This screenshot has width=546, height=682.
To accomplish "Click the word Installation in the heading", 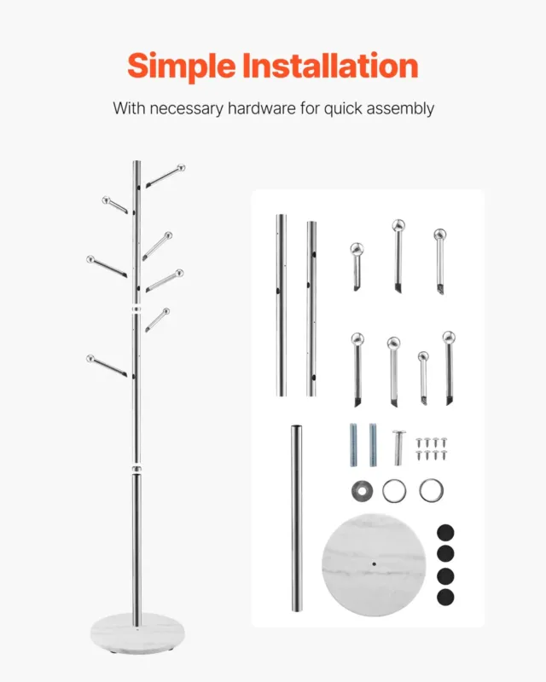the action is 330,66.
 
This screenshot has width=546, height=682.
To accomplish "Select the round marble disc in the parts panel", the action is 374,565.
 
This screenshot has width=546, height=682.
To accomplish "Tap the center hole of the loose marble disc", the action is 375,564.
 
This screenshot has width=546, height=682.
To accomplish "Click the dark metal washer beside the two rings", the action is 362,491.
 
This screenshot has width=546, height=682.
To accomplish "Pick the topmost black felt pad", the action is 445,532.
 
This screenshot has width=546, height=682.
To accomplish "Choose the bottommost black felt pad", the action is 445,598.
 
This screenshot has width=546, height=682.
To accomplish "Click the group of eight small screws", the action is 431,449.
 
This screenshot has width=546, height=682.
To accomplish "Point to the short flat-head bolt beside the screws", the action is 398,448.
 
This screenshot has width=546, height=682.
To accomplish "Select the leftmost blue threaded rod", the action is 353,445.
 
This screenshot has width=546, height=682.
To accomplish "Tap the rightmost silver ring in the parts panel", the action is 432,490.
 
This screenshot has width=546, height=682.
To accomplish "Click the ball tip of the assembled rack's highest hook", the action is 181,168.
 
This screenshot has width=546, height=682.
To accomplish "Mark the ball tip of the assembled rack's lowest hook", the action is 90,359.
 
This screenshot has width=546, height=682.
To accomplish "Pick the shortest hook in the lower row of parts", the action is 423,378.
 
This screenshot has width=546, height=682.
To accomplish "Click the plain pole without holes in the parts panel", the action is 297,518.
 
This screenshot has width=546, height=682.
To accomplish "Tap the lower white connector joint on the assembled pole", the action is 136,469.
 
